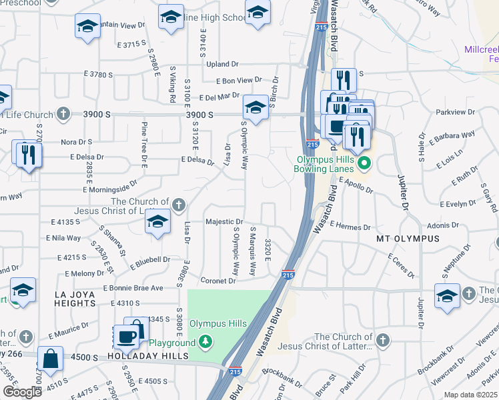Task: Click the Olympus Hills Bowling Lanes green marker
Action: tap(364, 163)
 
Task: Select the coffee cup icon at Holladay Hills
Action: tap(127, 337)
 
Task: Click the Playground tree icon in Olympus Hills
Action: tap(206, 343)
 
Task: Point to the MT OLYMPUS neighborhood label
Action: tap(400, 238)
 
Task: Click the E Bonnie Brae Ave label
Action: tap(133, 288)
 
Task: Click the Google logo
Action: tap(22, 392)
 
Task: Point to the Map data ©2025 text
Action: tap(470, 395)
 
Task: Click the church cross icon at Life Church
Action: tap(63, 113)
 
